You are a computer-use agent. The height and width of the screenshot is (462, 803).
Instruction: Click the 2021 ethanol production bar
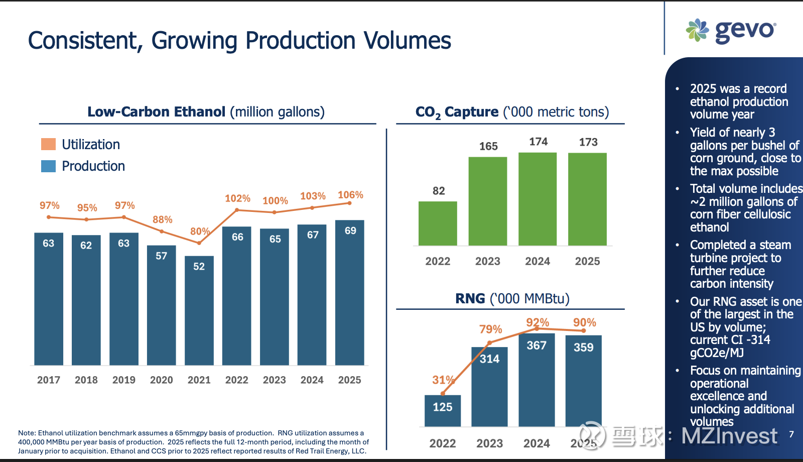[x=199, y=311]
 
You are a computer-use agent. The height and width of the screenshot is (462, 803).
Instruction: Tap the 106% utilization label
[x=350, y=195]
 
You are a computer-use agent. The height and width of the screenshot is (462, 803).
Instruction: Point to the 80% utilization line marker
[x=199, y=243]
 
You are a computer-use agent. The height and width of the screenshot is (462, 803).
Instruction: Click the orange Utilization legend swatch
[x=48, y=145]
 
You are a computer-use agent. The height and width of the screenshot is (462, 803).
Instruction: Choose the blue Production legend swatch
[x=48, y=166]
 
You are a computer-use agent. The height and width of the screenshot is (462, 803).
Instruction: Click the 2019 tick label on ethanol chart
[x=124, y=380]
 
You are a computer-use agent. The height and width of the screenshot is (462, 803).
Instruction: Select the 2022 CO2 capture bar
[x=438, y=223]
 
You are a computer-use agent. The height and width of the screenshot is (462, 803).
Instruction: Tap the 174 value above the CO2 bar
[x=538, y=142]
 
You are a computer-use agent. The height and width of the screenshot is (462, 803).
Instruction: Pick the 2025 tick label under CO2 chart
[x=587, y=261]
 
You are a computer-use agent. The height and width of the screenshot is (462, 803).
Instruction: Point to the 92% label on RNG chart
[x=538, y=322]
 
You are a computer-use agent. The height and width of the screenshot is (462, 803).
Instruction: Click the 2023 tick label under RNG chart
[x=489, y=443]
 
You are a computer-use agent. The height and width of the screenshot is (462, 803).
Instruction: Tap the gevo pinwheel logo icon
[x=697, y=30]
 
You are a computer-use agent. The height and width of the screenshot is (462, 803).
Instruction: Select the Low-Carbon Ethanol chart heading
[x=206, y=111]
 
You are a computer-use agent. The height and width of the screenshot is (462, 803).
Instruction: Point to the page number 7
[x=791, y=434]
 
